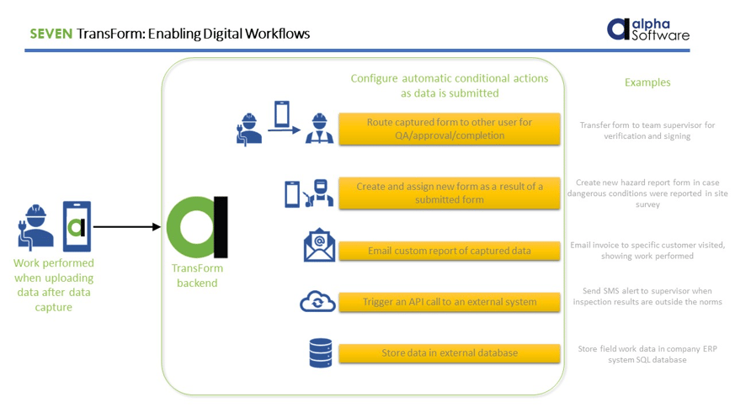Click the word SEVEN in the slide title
(51, 34)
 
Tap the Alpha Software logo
(647, 29)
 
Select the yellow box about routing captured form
(449, 129)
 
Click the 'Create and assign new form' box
(449, 193)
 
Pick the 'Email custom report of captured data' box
(449, 251)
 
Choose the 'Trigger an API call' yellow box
(449, 301)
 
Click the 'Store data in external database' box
(449, 352)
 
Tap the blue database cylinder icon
(320, 353)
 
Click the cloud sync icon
(317, 301)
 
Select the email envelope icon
(319, 246)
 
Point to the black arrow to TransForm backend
(126, 227)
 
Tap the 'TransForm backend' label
(197, 276)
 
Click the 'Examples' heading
(647, 82)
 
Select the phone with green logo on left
(77, 226)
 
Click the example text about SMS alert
(647, 296)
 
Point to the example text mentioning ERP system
(647, 354)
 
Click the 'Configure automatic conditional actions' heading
(449, 86)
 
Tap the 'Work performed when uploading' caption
(54, 285)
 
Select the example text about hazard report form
(647, 193)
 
